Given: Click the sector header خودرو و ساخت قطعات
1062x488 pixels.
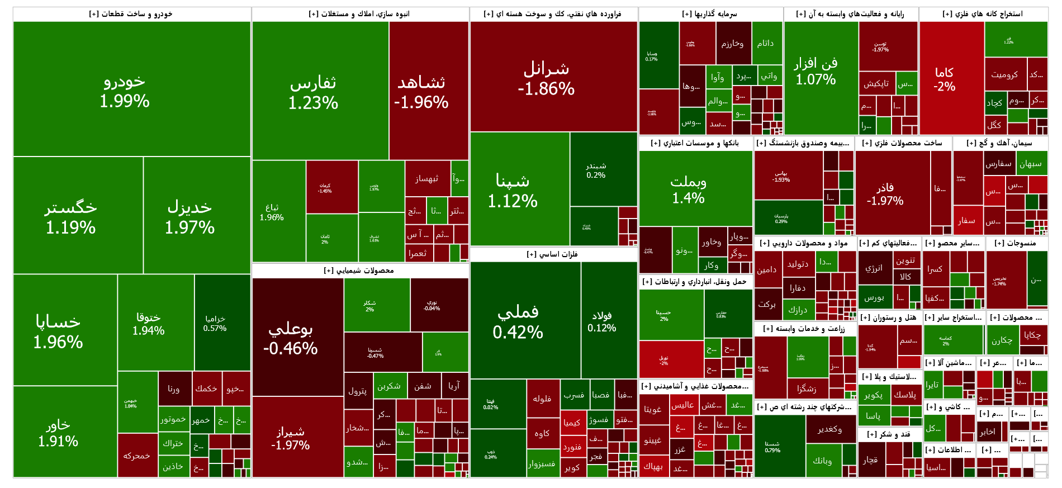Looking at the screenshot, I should pos(131,14).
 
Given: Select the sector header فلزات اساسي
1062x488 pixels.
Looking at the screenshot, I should pos(553,254).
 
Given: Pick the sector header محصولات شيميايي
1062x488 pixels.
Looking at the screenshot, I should pos(359,271).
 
